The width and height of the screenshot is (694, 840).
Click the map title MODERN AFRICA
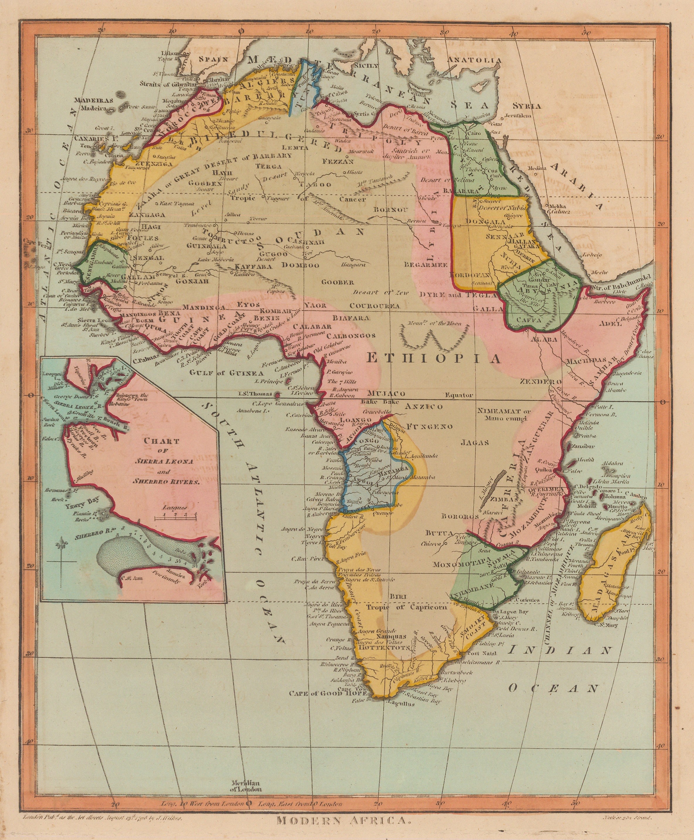[x=344, y=820]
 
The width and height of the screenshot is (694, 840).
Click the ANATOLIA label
[x=474, y=60]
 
